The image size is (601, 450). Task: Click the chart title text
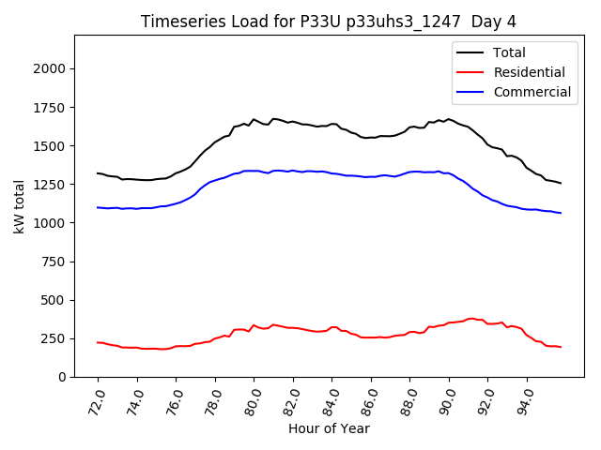coord(329,22)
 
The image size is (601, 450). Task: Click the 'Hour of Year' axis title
coord(329,429)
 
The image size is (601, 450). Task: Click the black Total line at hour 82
coord(293,122)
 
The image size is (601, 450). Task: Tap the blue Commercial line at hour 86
coord(371,176)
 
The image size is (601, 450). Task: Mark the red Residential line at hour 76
coord(177,346)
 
